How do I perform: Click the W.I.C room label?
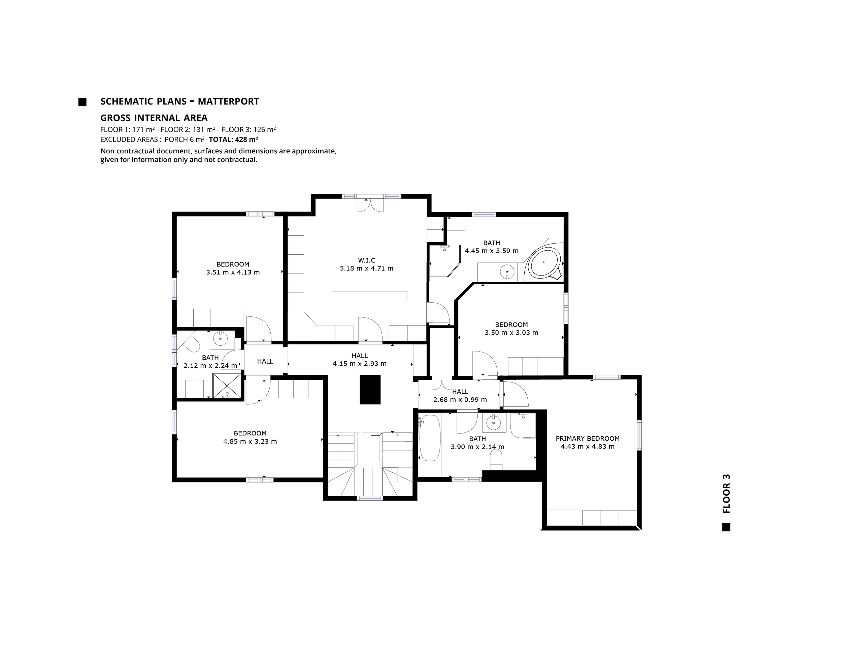[366, 260]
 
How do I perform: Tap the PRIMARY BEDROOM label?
[587, 438]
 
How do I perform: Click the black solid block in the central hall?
[369, 389]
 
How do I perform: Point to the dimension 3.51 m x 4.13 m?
[233, 272]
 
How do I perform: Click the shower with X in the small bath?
[226, 385]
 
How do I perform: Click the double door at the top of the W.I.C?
[370, 206]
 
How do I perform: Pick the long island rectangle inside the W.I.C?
[369, 296]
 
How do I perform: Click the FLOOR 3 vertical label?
[726, 493]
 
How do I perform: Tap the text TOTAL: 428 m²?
[233, 140]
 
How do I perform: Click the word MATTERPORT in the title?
[228, 101]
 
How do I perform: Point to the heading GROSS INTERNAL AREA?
[154, 118]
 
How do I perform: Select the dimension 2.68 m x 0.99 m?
[460, 400]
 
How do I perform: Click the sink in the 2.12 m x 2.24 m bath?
[221, 339]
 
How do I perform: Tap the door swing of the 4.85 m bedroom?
[257, 391]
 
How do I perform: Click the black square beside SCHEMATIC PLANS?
[82, 102]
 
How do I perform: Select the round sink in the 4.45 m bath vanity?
[507, 271]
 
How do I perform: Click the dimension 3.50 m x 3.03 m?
[511, 333]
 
